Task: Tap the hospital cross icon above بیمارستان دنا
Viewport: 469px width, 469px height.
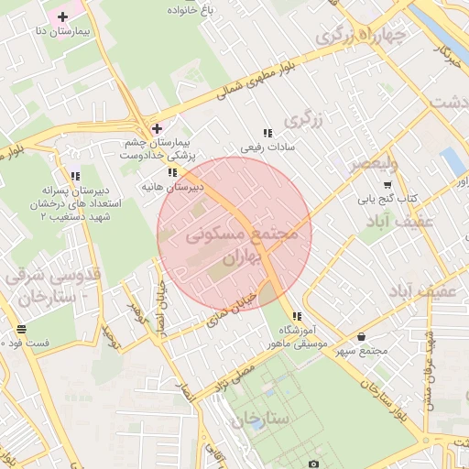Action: [62, 16]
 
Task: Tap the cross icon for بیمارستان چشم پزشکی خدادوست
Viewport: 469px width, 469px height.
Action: [157, 128]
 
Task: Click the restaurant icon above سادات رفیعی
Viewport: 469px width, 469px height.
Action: [267, 132]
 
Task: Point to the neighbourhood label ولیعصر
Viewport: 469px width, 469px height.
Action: [373, 165]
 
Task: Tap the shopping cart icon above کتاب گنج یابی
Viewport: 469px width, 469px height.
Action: [387, 184]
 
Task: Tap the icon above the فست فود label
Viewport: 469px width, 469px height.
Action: [20, 328]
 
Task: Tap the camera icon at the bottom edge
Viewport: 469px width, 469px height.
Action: [314, 464]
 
